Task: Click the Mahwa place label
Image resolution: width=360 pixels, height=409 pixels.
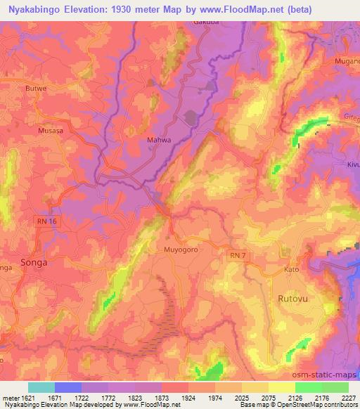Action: [158, 140]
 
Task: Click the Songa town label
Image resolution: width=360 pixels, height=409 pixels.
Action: [34, 262]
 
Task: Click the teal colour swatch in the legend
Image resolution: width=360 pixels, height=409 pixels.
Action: [41, 387]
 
